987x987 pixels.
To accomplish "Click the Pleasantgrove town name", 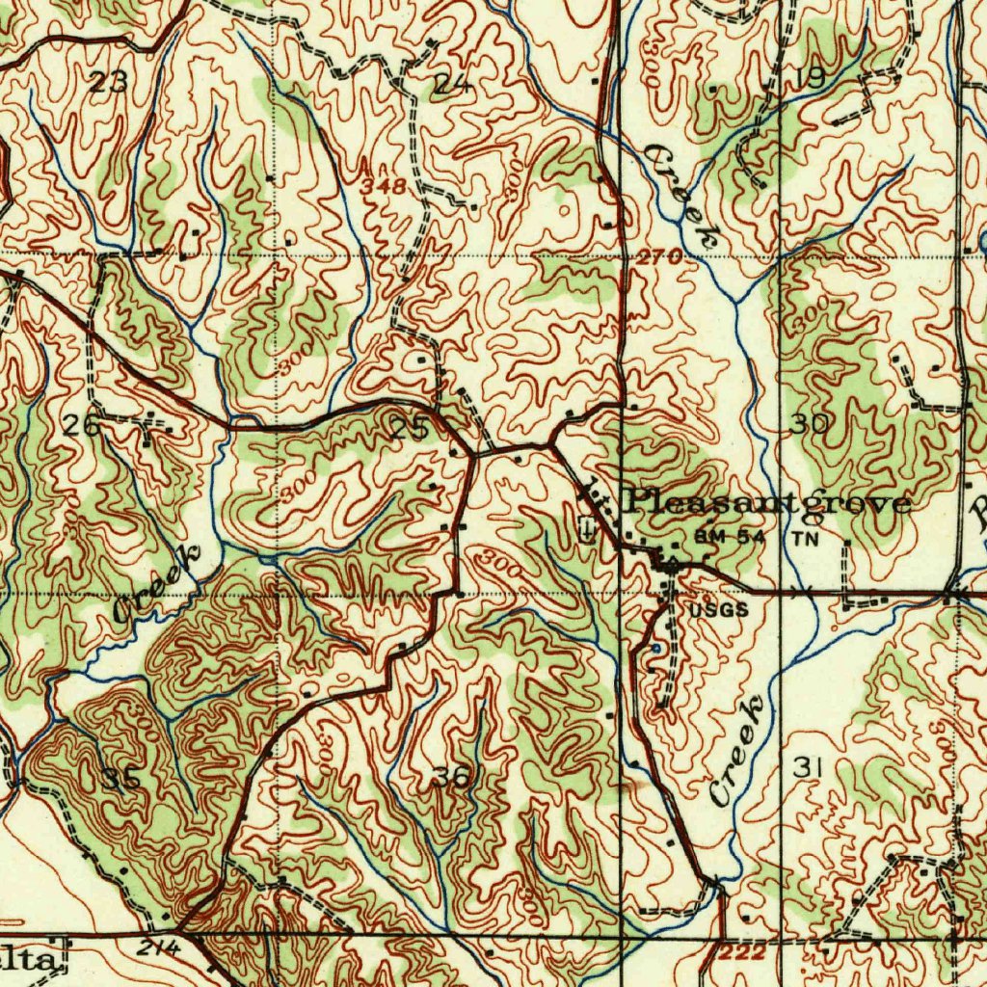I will (769, 502).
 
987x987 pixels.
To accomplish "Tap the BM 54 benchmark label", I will (729, 537).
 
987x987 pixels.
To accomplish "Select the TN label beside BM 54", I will (806, 539).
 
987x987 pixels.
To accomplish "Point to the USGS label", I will (718, 609).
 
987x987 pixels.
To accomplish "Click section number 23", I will (109, 82).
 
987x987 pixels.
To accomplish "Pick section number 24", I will (451, 84).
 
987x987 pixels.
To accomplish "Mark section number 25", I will (411, 427).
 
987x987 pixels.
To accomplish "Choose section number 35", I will (120, 779).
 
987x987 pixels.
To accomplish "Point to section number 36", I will (450, 776).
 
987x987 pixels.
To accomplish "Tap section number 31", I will (808, 767).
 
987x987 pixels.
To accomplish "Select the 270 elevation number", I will (660, 256).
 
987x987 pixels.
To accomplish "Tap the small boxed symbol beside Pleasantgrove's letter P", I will (588, 527).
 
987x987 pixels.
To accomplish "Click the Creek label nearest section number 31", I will (740, 750).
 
